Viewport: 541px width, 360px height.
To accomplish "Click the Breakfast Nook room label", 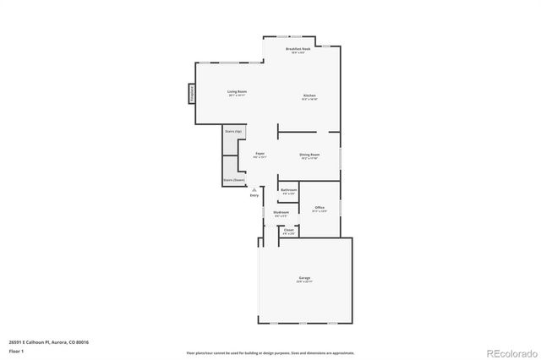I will pos(297,50).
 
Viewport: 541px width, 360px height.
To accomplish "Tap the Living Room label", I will pos(237,91).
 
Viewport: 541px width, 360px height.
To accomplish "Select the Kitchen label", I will pos(310,95).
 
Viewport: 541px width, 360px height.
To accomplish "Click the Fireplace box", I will pos(192,93).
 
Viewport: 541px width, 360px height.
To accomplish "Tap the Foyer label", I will pos(260,153).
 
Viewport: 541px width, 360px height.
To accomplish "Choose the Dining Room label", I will pos(309,155).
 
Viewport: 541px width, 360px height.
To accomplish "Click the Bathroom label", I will pos(288,190).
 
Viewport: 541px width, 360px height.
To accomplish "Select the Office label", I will pos(320,207).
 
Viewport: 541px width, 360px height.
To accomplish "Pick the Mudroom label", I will pos(281,212).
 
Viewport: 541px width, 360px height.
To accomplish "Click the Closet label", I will pos(288,229).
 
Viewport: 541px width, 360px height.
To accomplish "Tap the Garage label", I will pos(304,278).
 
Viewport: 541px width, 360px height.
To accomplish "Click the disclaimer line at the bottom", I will pos(270,352).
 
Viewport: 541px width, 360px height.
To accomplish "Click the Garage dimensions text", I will pos(304,281).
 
